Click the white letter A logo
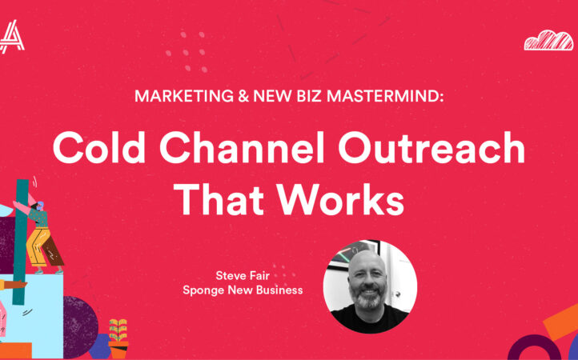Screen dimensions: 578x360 (x=11, y=37)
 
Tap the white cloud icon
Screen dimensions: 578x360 (x=548, y=40)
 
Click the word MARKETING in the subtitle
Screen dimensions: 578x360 (x=184, y=96)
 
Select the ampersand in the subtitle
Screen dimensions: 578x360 (x=243, y=96)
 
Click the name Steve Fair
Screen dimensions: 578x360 (x=243, y=276)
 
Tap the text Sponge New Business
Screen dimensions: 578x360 (x=243, y=290)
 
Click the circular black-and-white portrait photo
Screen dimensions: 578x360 (x=370, y=286)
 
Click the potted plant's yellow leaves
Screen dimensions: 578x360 (x=118, y=330)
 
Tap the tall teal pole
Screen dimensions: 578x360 (x=21, y=242)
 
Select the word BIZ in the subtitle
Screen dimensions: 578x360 (x=308, y=96)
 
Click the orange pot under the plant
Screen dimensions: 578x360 (x=118, y=350)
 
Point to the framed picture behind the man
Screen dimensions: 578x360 (x=354, y=254)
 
